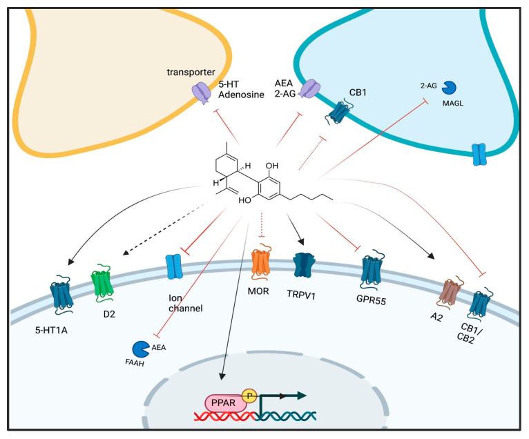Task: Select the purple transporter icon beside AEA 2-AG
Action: click(310, 88)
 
